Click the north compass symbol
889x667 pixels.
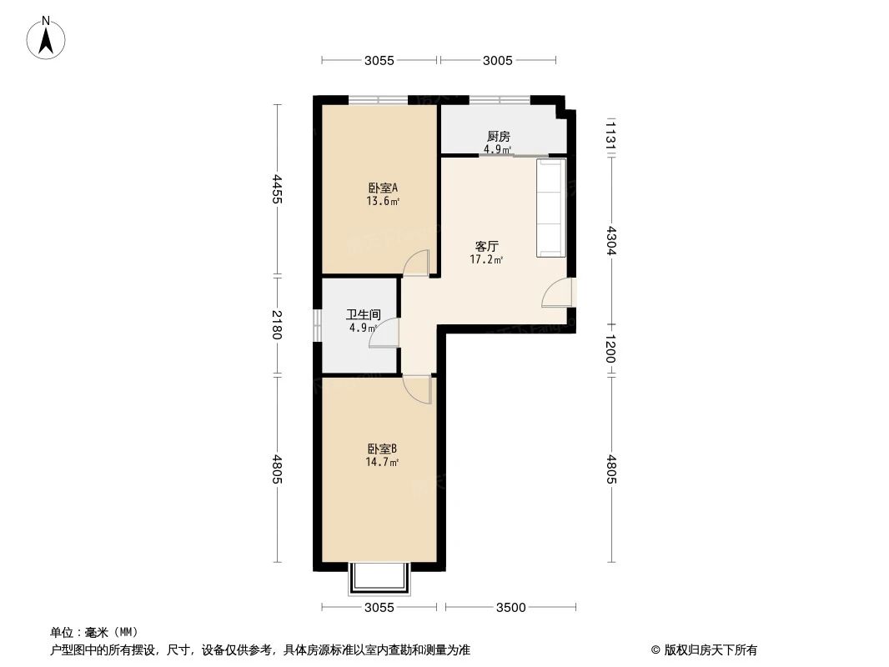48,38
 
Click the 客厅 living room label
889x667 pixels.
486,246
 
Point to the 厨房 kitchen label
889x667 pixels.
498,137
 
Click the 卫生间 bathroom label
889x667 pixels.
364,314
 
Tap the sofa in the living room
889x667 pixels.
550,208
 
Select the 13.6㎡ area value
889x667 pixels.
383,201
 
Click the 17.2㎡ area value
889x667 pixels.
486,260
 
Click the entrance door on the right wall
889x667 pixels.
560,293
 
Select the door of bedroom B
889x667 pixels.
417,389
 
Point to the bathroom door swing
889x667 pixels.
385,333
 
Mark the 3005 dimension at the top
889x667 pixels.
497,60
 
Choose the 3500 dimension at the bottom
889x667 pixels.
510,608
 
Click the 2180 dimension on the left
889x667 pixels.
277,324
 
